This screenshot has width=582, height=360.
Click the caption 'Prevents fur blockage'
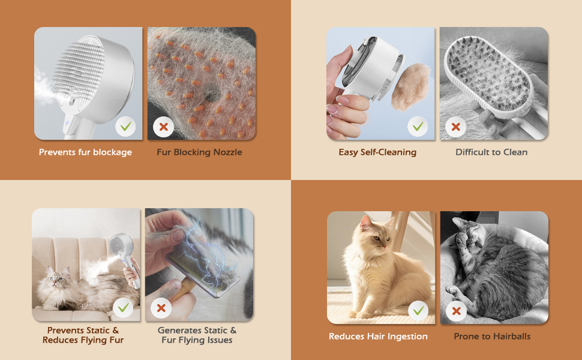coord(85,152)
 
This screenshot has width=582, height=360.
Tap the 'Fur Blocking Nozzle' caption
coord(199,152)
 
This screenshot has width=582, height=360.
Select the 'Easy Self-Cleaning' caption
coord(377,152)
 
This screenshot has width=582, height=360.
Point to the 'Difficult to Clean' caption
coord(491,152)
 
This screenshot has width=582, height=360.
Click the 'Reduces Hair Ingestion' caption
coord(378,336)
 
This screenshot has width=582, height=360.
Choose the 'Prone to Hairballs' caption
coord(492,336)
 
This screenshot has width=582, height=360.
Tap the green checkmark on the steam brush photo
coord(125,127)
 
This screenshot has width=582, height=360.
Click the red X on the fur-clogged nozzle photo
coord(163,127)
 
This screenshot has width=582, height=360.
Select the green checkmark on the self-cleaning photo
coord(418,127)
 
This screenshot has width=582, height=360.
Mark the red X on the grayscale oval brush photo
coord(456,127)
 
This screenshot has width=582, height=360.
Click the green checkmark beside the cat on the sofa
coord(123,308)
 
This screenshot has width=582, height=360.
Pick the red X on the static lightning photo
coord(161,308)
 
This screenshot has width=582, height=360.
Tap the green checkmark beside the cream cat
coord(418,311)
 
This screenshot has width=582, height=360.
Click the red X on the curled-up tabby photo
coord(457,311)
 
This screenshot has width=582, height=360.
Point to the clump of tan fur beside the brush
coord(411,87)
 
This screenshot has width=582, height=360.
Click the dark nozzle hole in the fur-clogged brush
coord(212,94)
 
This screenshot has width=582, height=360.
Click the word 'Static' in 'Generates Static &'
coord(214,331)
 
